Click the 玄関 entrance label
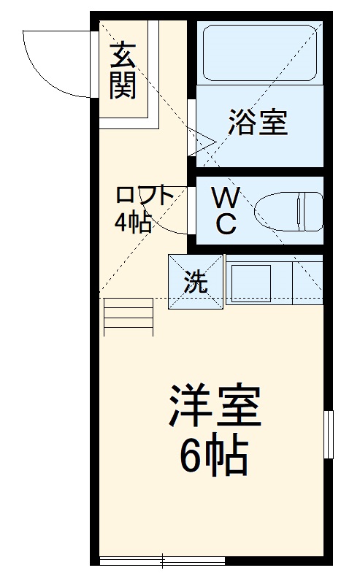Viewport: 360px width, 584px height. tap(124, 71)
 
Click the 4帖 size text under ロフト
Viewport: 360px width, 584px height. tap(132, 222)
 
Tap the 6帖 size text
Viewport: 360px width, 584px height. tap(215, 456)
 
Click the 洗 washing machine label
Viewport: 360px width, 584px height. tap(195, 281)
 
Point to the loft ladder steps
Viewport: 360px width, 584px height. tap(129, 318)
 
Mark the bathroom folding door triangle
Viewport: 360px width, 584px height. tap(202, 141)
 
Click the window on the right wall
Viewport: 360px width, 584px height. tap(329, 434)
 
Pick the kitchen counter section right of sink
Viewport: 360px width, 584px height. tap(307, 283)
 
